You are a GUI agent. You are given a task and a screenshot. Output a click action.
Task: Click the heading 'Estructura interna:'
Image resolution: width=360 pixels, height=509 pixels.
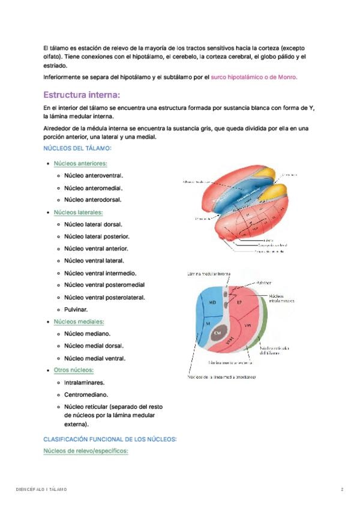click(82, 95)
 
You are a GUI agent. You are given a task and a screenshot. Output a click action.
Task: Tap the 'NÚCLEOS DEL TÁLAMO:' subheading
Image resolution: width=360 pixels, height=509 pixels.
click(77, 148)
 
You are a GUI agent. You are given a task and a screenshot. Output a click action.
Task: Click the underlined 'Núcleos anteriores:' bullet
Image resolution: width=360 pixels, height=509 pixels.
click(80, 163)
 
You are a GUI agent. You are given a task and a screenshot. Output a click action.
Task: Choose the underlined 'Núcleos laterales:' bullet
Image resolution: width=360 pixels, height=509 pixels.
click(78, 212)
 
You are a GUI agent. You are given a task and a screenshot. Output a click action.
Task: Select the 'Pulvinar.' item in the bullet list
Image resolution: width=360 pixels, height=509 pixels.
click(76, 310)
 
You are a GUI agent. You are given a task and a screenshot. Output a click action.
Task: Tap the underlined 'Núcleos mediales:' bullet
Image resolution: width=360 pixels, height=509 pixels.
click(79, 322)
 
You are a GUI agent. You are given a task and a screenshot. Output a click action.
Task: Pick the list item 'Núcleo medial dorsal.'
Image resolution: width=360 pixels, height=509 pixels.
click(94, 346)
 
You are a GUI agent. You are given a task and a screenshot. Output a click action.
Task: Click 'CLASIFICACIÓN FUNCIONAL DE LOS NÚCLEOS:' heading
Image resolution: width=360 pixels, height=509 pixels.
click(110, 439)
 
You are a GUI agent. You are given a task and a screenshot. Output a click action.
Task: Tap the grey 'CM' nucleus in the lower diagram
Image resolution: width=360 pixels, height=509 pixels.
click(218, 332)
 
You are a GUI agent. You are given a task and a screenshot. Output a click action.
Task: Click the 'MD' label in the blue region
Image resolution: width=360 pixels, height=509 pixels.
click(212, 303)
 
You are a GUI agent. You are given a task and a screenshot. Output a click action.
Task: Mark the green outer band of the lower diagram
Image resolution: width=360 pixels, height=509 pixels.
click(263, 324)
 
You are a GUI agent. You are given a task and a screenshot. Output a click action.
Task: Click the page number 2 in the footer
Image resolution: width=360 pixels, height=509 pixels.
click(342, 490)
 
